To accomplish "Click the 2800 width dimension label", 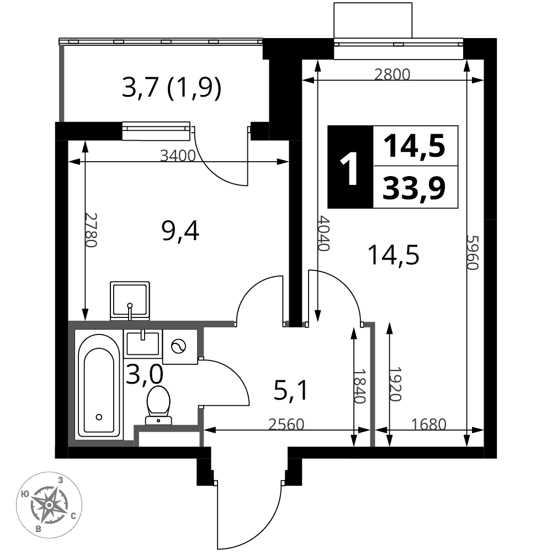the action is [x=392, y=75].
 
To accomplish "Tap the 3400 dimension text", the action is [x=177, y=155].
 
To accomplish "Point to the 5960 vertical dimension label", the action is [x=473, y=252].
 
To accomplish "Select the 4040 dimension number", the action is [x=323, y=233].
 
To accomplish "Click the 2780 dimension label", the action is [x=91, y=230].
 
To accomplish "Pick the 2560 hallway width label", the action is [x=286, y=424].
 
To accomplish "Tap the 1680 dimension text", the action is [x=429, y=424].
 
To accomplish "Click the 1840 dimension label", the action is [x=360, y=386].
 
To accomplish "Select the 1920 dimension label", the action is [x=395, y=384].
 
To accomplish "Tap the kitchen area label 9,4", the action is [x=181, y=231].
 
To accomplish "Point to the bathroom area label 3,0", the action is [x=145, y=374].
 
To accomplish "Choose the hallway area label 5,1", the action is [x=291, y=391].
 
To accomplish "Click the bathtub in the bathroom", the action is [x=99, y=386].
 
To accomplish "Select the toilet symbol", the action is [x=158, y=405].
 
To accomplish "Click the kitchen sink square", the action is [x=130, y=301].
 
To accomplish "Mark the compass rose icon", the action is [x=49, y=505].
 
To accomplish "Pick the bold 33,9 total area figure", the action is [x=415, y=188].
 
